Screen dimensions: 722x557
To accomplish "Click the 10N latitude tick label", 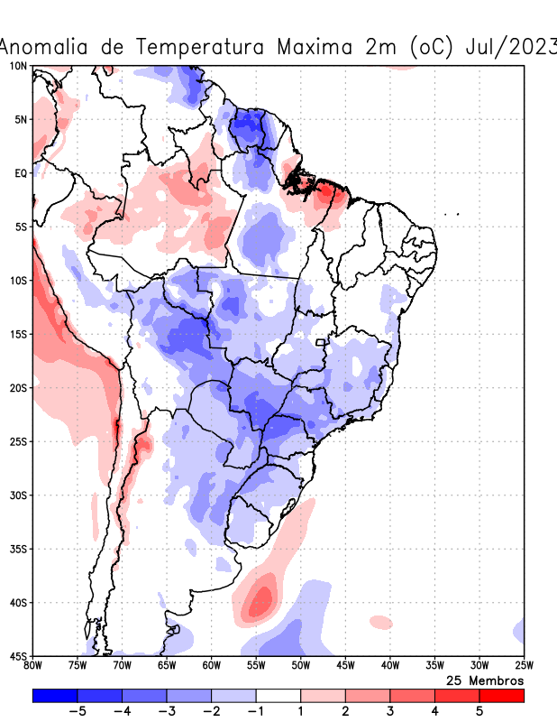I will (x=18, y=66).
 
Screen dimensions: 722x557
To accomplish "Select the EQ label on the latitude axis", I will (x=21, y=173).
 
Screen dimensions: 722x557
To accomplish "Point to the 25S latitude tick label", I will (x=18, y=441).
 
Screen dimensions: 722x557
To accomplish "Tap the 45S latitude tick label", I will (x=18, y=656).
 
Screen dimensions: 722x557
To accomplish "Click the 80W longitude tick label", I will (x=32, y=666).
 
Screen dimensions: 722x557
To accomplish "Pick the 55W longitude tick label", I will (x=256, y=666).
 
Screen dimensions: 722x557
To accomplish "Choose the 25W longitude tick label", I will (x=524, y=666).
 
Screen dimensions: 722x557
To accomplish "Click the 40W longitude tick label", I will (x=389, y=666).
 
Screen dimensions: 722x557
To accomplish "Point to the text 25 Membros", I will (x=485, y=680).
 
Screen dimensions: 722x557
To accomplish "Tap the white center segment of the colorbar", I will (x=278, y=696).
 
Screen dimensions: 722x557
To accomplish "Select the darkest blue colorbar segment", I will (x=54, y=696).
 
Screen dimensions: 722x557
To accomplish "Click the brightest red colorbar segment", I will (x=501, y=696).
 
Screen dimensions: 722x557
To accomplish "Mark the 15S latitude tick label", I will (x=18, y=334).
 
